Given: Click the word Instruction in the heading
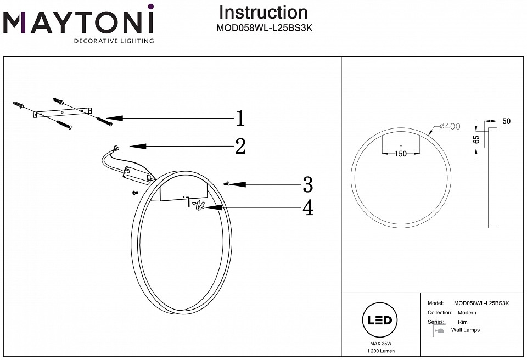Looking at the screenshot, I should (263, 13).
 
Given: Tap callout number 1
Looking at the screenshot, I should (240, 119).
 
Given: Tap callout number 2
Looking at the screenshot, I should (240, 146).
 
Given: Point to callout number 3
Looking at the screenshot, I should (307, 184).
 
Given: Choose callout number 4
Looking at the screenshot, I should (307, 207).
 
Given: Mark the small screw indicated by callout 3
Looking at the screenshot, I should (227, 184).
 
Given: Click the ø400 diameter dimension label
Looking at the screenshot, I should (450, 127).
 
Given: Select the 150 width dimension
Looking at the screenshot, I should (401, 154).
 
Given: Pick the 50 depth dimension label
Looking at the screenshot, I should (506, 121).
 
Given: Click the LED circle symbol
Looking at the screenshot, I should (378, 320).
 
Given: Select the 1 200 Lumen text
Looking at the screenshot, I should (378, 351).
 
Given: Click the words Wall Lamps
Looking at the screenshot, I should (465, 330).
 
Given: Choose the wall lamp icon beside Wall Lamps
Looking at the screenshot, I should (438, 330).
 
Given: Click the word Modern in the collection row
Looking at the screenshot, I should (467, 313).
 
